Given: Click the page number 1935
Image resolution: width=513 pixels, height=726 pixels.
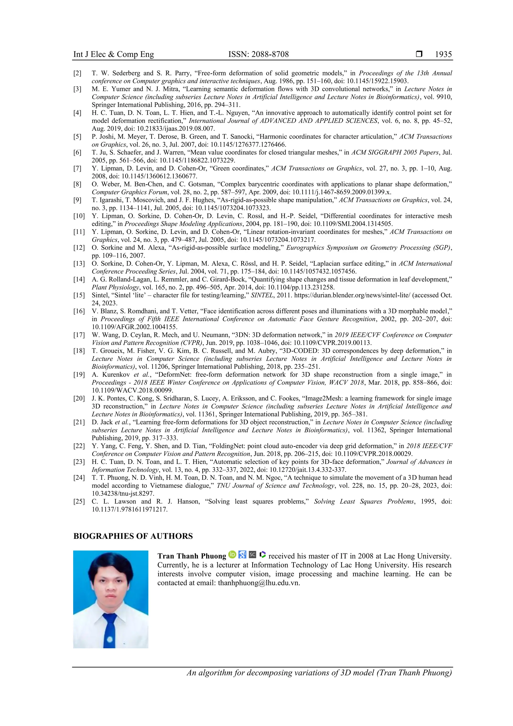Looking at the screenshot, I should (443, 54).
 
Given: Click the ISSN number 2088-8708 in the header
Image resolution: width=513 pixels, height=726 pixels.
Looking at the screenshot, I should (259, 54).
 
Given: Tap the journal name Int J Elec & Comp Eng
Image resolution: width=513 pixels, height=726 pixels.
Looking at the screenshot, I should (113, 54).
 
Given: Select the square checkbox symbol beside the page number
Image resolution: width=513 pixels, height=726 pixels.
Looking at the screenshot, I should (419, 54).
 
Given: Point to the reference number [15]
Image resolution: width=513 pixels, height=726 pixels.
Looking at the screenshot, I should (79, 295).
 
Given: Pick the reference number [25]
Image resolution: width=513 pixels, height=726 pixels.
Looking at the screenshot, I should (79, 501).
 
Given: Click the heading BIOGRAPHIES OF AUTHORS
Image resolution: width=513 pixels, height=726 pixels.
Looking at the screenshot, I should (133, 536).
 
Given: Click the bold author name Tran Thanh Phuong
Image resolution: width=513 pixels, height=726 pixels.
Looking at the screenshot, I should (192, 556).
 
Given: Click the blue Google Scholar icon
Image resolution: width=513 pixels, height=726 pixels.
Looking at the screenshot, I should (242, 555).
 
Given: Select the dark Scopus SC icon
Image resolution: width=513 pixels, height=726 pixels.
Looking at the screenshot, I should (252, 555).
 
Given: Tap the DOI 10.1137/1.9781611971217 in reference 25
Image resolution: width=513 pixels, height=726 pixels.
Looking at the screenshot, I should (130, 509).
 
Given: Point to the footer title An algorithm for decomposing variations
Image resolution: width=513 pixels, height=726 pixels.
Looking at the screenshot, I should (319, 673).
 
